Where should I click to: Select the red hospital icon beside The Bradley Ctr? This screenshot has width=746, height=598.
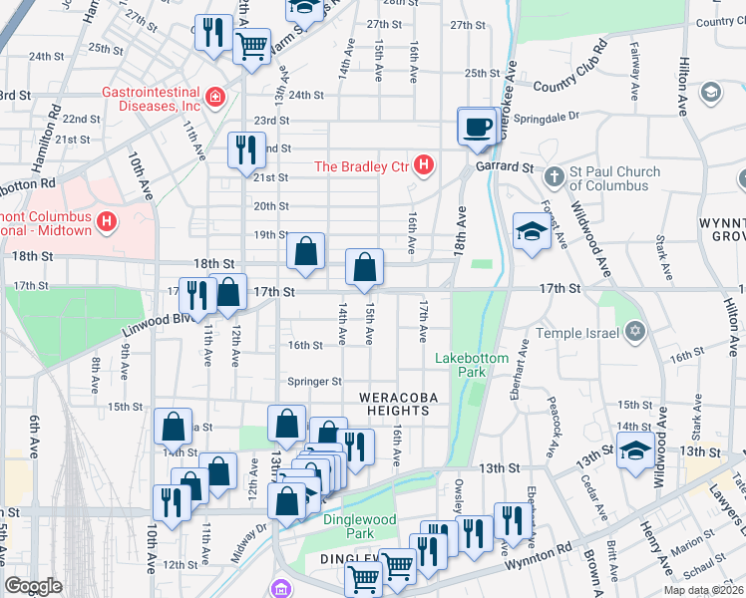click(x=424, y=164)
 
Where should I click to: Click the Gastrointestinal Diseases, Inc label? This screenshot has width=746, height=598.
click(x=150, y=98)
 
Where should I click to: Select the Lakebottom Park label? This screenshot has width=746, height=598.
click(x=472, y=365)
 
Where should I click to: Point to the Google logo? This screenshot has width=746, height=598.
click(x=34, y=585)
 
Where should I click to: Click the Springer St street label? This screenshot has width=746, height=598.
click(x=314, y=381)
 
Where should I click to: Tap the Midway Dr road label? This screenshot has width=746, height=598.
click(x=246, y=542)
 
